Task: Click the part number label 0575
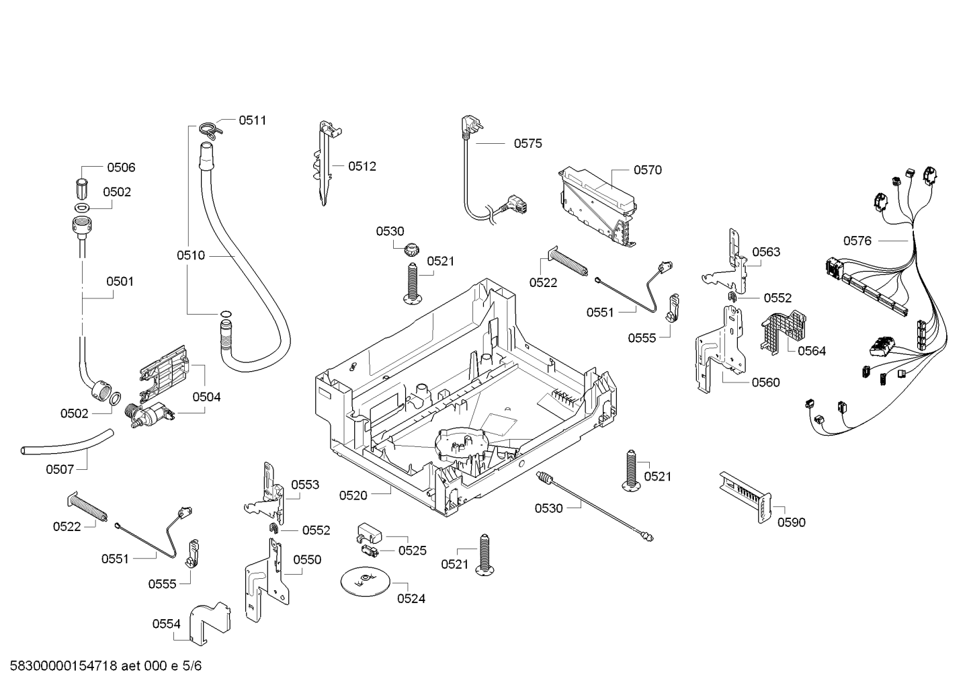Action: point(528,143)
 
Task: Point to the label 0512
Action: point(362,166)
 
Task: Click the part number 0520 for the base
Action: point(353,495)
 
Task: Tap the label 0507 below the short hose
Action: point(60,469)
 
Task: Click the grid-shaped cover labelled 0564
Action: point(783,329)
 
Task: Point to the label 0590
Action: point(791,522)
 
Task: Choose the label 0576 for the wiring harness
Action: point(857,241)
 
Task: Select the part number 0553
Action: point(305,485)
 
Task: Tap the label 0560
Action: point(765,382)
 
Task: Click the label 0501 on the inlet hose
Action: point(120,282)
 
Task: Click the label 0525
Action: point(412,551)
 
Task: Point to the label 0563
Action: point(766,252)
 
